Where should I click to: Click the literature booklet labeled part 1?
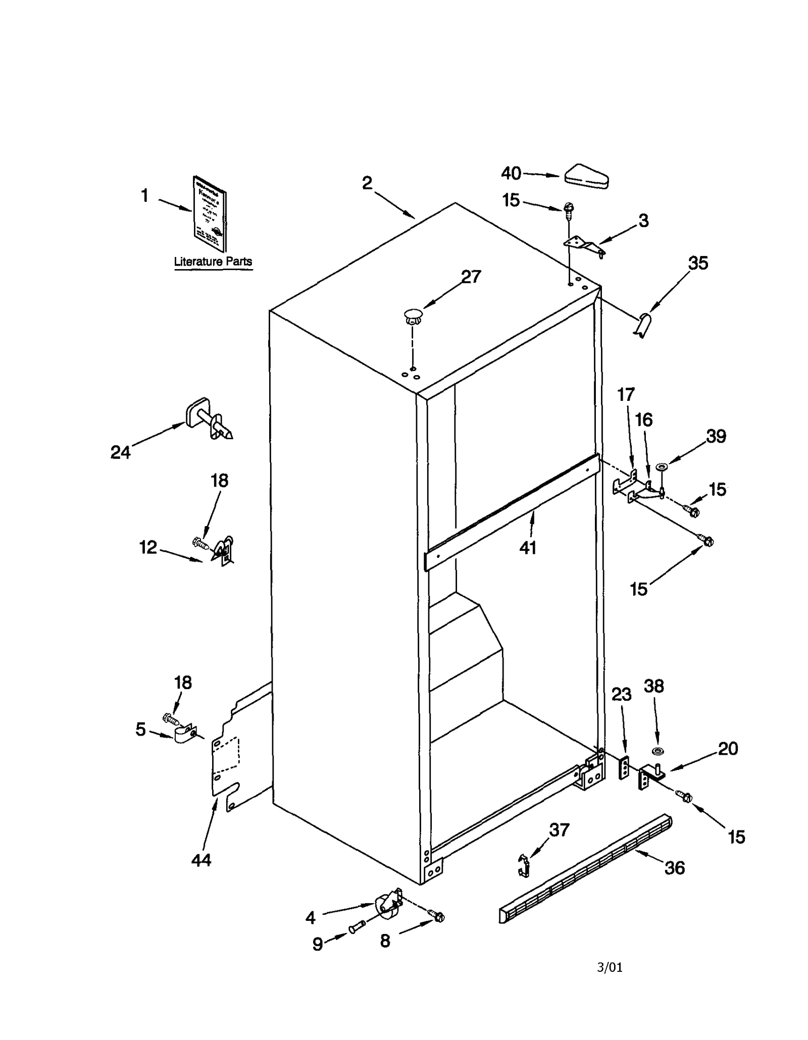pyautogui.click(x=210, y=214)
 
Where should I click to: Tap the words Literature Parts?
pyautogui.click(x=213, y=262)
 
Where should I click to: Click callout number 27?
pyautogui.click(x=471, y=277)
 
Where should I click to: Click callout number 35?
pyautogui.click(x=698, y=263)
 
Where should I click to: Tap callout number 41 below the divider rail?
pyautogui.click(x=528, y=547)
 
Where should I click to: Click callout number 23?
pyautogui.click(x=621, y=695)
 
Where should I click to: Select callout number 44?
pyautogui.click(x=201, y=860)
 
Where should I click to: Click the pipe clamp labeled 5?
pyautogui.click(x=185, y=734)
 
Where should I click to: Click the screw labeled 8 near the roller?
pyautogui.click(x=436, y=915)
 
